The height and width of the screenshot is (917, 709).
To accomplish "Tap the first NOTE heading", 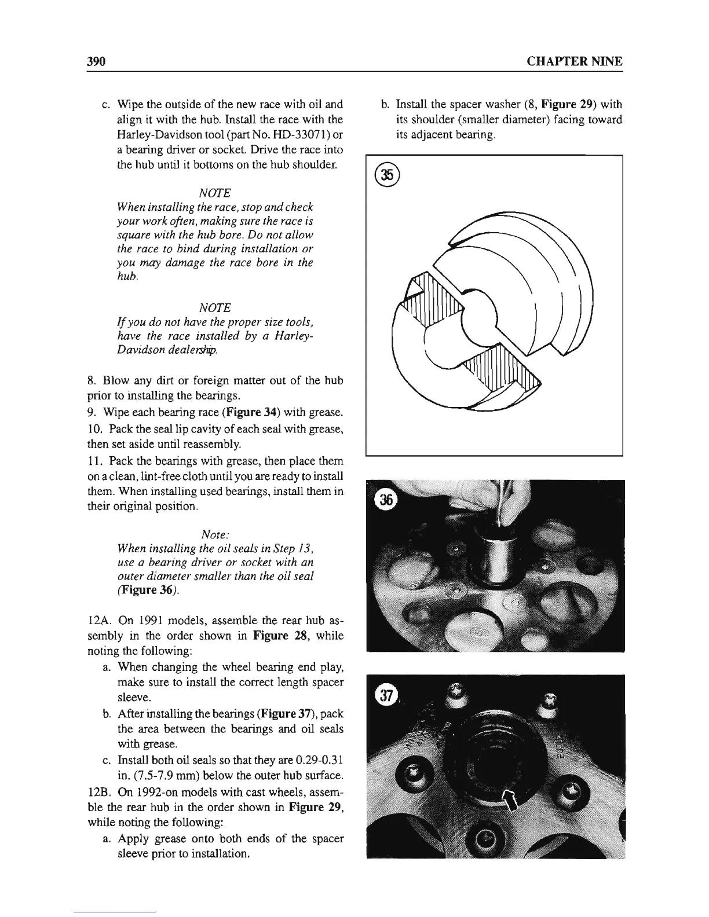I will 215,192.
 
